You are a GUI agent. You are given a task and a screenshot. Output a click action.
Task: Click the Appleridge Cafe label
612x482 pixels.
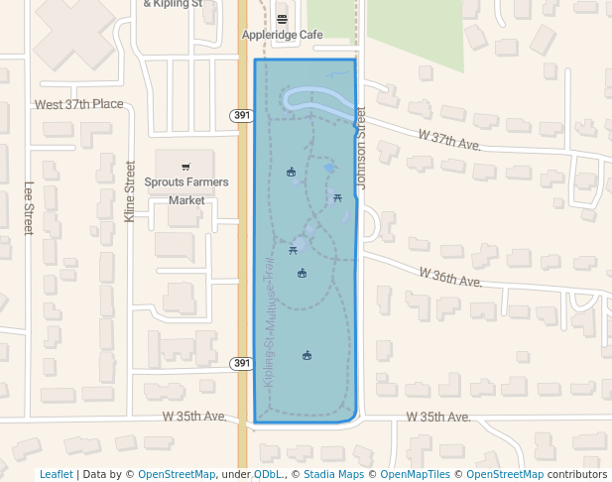(x=283, y=35)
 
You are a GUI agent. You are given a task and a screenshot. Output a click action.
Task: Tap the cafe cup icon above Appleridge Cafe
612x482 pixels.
(x=283, y=19)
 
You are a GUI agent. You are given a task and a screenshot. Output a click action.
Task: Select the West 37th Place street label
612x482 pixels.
(x=78, y=104)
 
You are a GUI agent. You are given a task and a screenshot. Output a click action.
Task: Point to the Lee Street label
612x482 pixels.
(x=29, y=207)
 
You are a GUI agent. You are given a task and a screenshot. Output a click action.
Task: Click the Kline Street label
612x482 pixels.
(x=130, y=191)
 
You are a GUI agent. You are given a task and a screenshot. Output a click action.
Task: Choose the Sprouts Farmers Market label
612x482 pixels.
(x=186, y=190)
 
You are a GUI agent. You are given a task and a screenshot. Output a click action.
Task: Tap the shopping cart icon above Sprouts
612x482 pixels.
(x=185, y=167)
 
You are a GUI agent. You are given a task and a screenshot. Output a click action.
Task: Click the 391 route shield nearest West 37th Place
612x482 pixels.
(x=242, y=116)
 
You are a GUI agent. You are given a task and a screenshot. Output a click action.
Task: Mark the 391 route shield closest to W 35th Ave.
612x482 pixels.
(x=242, y=363)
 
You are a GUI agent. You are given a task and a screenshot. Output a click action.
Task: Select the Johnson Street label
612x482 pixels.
(x=362, y=149)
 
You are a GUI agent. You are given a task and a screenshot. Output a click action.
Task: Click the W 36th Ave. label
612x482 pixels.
(x=449, y=277)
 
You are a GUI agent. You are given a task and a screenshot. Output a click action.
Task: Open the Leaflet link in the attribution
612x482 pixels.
(x=56, y=474)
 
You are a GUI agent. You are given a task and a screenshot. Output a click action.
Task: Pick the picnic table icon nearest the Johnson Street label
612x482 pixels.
(x=338, y=197)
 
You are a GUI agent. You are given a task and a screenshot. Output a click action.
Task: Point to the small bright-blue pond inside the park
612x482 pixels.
(x=329, y=169)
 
